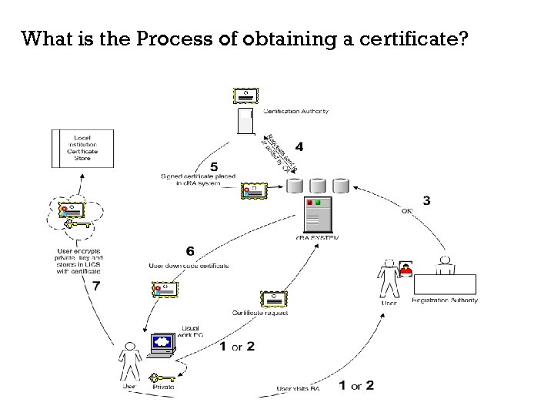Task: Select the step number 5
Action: tap(213, 166)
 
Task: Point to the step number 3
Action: tap(426, 200)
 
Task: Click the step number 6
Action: tap(190, 250)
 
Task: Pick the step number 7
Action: tap(95, 286)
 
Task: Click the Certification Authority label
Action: tap(296, 111)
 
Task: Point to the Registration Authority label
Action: tap(445, 300)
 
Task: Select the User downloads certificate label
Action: tap(189, 266)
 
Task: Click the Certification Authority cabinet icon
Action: tap(246, 122)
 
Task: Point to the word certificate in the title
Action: tap(421, 39)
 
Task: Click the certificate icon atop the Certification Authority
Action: tap(246, 96)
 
